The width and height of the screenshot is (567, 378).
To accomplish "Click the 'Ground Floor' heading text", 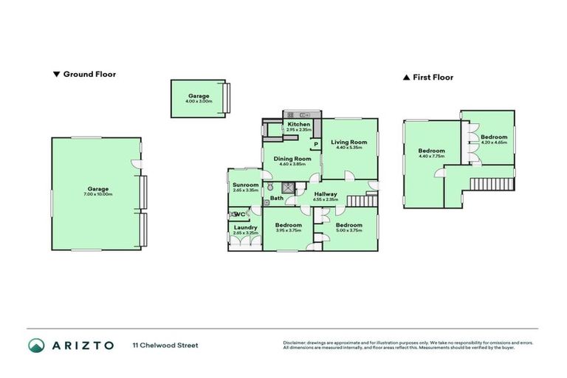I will pyautogui.click(x=89, y=74).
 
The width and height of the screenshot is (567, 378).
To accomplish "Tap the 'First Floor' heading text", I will pyautogui.click(x=433, y=77).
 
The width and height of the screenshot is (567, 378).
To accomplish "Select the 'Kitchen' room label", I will pyautogui.click(x=300, y=124).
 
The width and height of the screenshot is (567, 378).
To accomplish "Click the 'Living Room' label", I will pyautogui.click(x=348, y=142).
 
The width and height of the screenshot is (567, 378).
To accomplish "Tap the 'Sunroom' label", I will pyautogui.click(x=245, y=185).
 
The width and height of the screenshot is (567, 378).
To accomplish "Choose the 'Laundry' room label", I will pyautogui.click(x=245, y=227).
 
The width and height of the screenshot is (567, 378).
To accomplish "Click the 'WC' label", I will pyautogui.click(x=238, y=214).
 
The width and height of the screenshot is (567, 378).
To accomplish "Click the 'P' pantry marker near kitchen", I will pyautogui.click(x=315, y=144).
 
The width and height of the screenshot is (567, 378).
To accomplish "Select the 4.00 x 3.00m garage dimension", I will pyautogui.click(x=199, y=101).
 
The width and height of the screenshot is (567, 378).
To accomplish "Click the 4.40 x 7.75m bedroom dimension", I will pyautogui.click(x=423, y=156).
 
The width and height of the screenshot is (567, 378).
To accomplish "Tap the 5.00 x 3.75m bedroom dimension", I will pyautogui.click(x=348, y=230).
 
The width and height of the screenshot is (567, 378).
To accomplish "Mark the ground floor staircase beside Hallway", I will pyautogui.click(x=362, y=200).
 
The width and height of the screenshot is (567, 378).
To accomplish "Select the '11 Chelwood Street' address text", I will pyautogui.click(x=165, y=345).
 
